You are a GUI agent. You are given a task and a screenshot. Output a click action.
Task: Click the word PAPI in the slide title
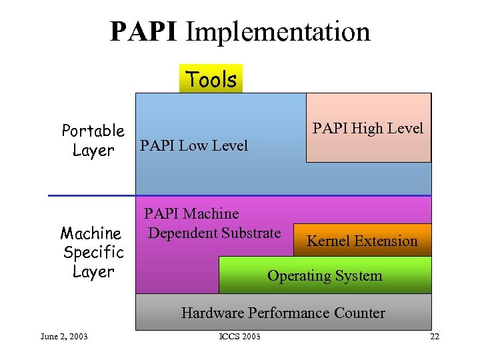pyautogui.click(x=143, y=31)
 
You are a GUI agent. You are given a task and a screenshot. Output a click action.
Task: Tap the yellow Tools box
pyautogui.click(x=211, y=79)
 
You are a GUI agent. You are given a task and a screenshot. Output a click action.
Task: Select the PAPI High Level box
pyautogui.click(x=368, y=128)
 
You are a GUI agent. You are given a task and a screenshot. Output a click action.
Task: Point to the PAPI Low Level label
pyautogui.click(x=193, y=145)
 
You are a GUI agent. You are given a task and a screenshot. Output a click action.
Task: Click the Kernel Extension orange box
pyautogui.click(x=362, y=241)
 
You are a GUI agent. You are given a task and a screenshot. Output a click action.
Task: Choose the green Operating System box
pyautogui.click(x=325, y=275)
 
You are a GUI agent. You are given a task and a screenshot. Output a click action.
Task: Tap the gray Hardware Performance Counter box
pyautogui.click(x=283, y=313)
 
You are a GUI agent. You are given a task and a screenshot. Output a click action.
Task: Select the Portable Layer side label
pyautogui.click(x=93, y=140)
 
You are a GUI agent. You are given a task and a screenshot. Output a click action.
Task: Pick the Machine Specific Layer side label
pyautogui.click(x=93, y=253)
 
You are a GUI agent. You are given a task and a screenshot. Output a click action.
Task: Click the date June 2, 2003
pyautogui.click(x=64, y=336)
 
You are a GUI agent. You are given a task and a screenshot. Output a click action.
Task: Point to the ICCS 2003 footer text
pyautogui.click(x=239, y=336)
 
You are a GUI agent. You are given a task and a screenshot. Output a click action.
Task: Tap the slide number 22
pyautogui.click(x=435, y=336)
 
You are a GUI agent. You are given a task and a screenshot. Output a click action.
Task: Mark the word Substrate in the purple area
pyautogui.click(x=251, y=233)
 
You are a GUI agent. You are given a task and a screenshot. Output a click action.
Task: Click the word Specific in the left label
pyautogui.click(x=93, y=253)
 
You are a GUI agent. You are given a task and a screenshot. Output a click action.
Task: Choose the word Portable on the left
pyautogui.click(x=93, y=130)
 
